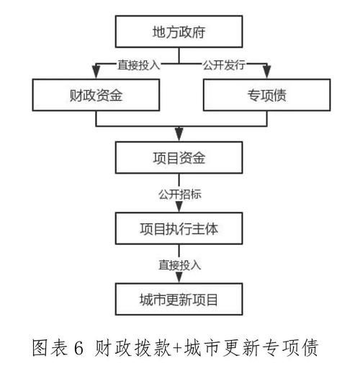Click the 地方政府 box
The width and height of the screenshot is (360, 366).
click(x=180, y=33)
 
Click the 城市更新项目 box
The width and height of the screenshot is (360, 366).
click(x=180, y=296)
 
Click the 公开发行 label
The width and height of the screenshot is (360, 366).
click(x=223, y=64)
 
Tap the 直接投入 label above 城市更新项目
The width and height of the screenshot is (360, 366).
click(x=180, y=264)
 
